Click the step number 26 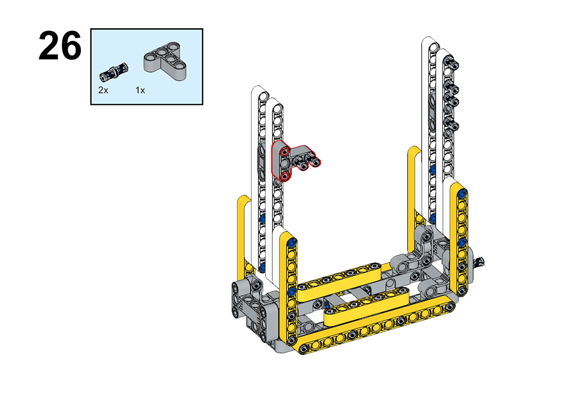pyautogui.click(x=60, y=46)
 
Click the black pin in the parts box pyautogui.click(x=113, y=72)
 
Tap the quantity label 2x pyautogui.click(x=103, y=90)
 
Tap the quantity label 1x pyautogui.click(x=140, y=90)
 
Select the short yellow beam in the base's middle pyautogui.click(x=366, y=307)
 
